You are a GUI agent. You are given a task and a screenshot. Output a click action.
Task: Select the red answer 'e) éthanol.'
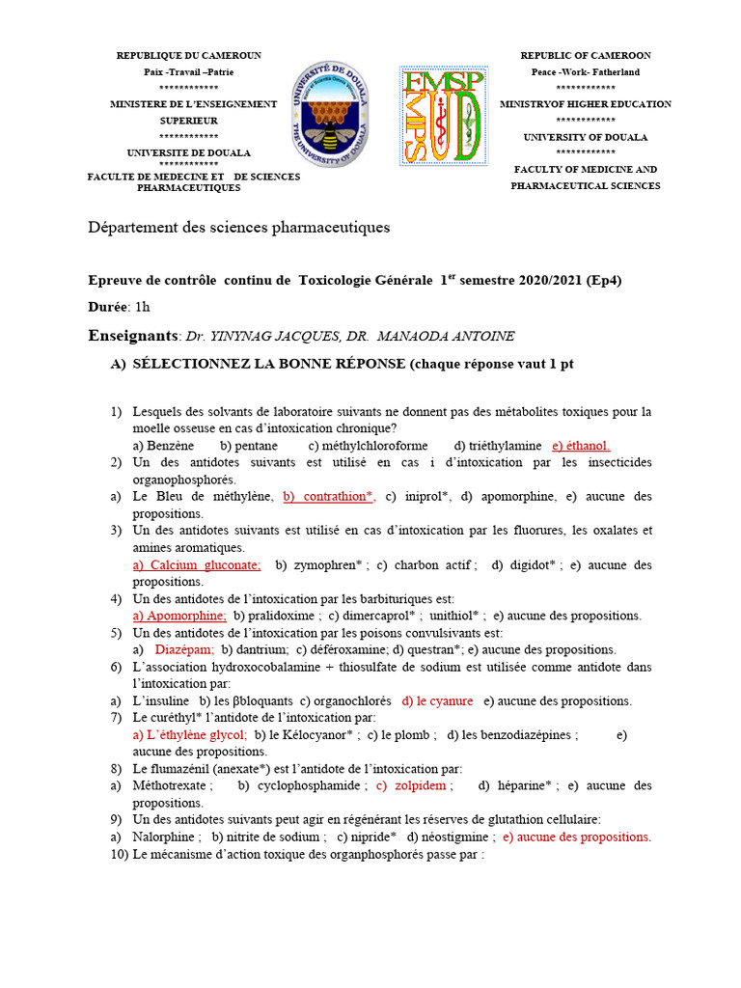[581, 446]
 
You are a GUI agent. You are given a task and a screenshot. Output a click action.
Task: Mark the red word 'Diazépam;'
[184, 649]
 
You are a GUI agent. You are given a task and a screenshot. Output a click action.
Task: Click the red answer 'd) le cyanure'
[437, 700]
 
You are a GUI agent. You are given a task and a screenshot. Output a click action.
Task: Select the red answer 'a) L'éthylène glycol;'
[190, 734]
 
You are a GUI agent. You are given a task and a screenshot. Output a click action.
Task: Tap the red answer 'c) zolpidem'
[412, 785]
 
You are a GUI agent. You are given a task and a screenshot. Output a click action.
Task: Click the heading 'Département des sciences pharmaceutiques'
[239, 228]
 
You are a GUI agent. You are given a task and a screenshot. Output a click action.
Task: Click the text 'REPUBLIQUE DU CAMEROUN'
[188, 56]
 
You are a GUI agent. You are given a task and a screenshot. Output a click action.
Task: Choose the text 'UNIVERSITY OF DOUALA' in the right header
[586, 137]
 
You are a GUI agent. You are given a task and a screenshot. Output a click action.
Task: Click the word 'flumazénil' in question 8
[180, 769]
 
